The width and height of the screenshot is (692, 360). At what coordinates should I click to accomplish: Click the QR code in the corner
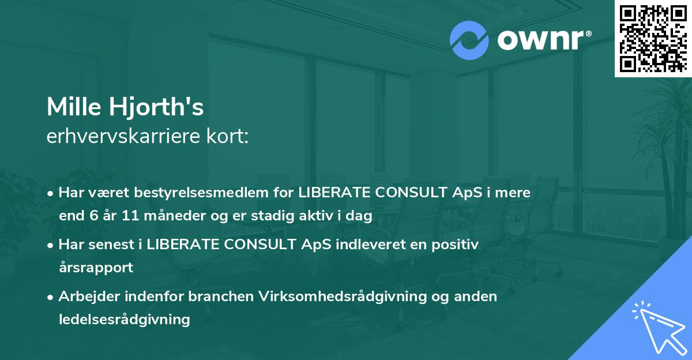coord(653,38)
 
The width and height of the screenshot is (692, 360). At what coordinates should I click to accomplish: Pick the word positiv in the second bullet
coord(456,245)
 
